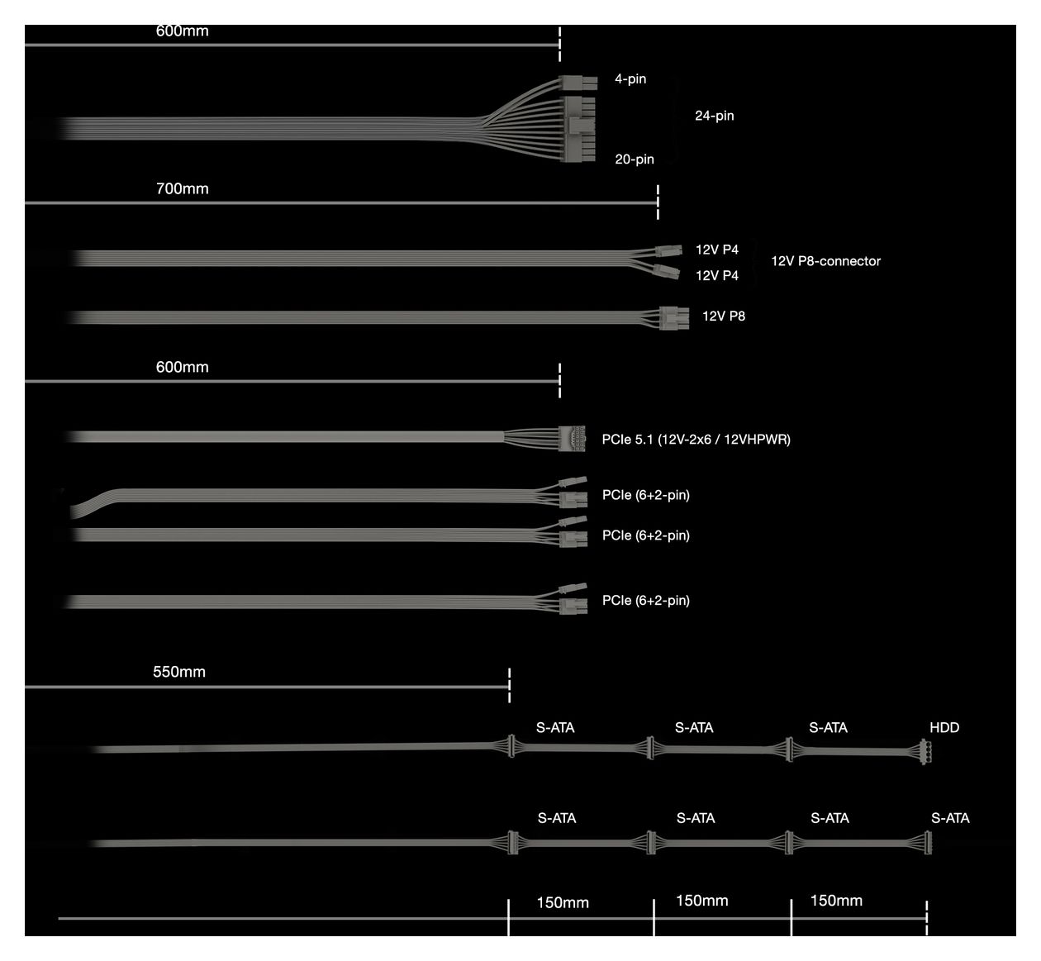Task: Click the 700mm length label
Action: point(182,188)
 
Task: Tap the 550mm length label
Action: point(178,672)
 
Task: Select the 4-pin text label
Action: point(630,79)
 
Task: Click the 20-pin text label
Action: point(635,159)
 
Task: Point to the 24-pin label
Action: point(714,116)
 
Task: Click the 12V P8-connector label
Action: point(825,261)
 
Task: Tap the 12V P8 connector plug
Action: point(674,318)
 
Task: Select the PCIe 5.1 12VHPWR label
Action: point(696,440)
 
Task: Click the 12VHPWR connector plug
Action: point(572,438)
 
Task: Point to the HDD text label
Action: point(944,728)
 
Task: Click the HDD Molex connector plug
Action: point(926,752)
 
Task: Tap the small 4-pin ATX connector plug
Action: point(578,83)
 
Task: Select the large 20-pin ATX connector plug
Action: point(579,130)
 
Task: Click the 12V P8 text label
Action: point(724,316)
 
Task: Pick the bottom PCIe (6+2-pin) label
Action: point(646,600)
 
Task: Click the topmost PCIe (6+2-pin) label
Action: point(646,495)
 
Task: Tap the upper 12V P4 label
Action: point(716,250)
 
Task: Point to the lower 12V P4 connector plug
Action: point(666,272)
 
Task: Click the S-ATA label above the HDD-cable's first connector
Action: point(555,728)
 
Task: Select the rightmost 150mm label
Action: point(836,901)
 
